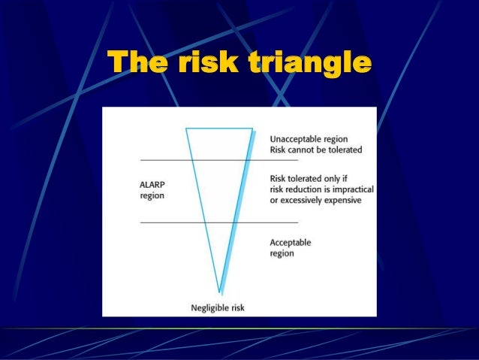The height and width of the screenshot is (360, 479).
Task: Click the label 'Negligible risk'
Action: click(x=218, y=307)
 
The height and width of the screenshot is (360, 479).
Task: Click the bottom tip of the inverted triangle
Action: click(x=219, y=292)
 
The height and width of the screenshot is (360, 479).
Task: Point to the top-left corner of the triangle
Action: click(x=186, y=129)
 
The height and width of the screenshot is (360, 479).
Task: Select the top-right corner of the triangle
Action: click(x=252, y=129)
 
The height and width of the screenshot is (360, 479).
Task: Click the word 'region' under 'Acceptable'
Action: click(x=282, y=253)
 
